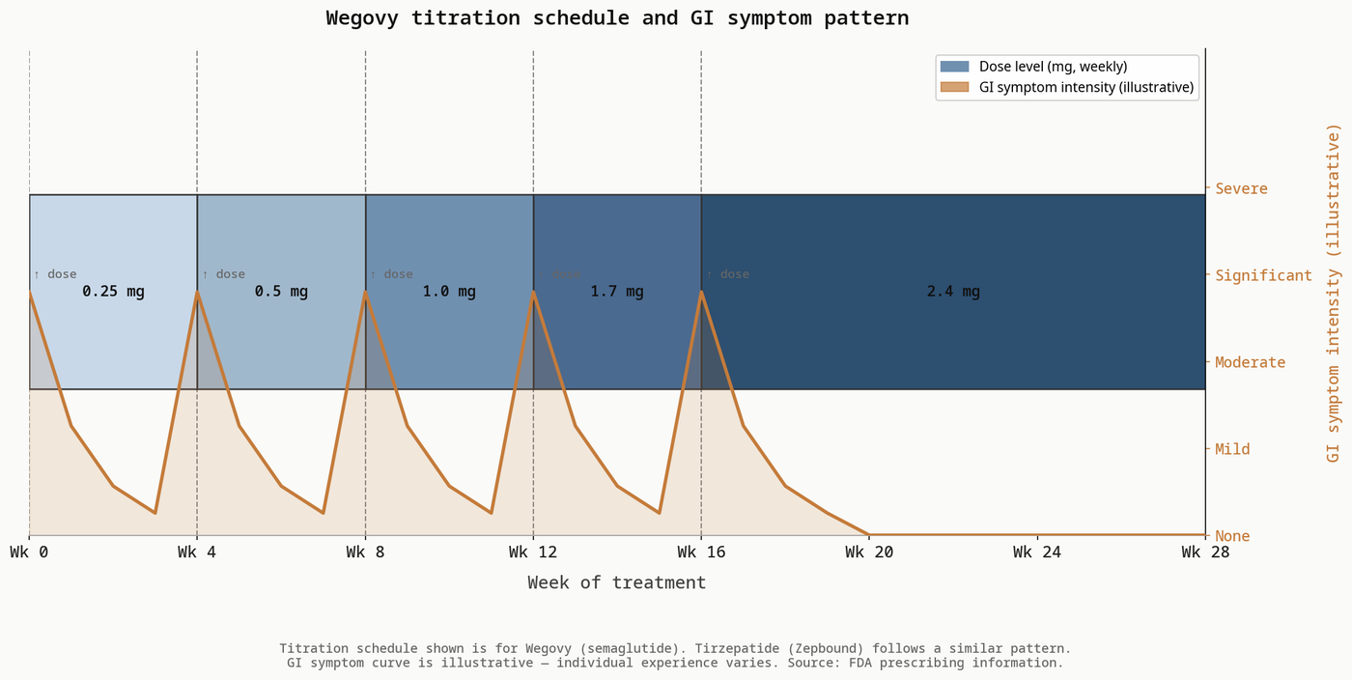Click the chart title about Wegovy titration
[617, 18]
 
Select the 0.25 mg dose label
[113, 291]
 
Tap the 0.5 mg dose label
[281, 291]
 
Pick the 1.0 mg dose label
[449, 291]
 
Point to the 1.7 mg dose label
[617, 291]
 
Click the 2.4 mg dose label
[953, 291]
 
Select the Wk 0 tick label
[29, 552]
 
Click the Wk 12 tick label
[533, 552]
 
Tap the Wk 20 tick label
[869, 552]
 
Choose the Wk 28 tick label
[1204, 552]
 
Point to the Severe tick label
[1241, 188]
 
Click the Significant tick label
[1263, 275]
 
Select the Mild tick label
[1232, 449]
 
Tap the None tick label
[1232, 536]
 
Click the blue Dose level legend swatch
[954, 67]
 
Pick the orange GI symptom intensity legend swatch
[954, 88]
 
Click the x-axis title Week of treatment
[617, 582]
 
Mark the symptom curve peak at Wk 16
[701, 292]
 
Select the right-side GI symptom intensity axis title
[1334, 292]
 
